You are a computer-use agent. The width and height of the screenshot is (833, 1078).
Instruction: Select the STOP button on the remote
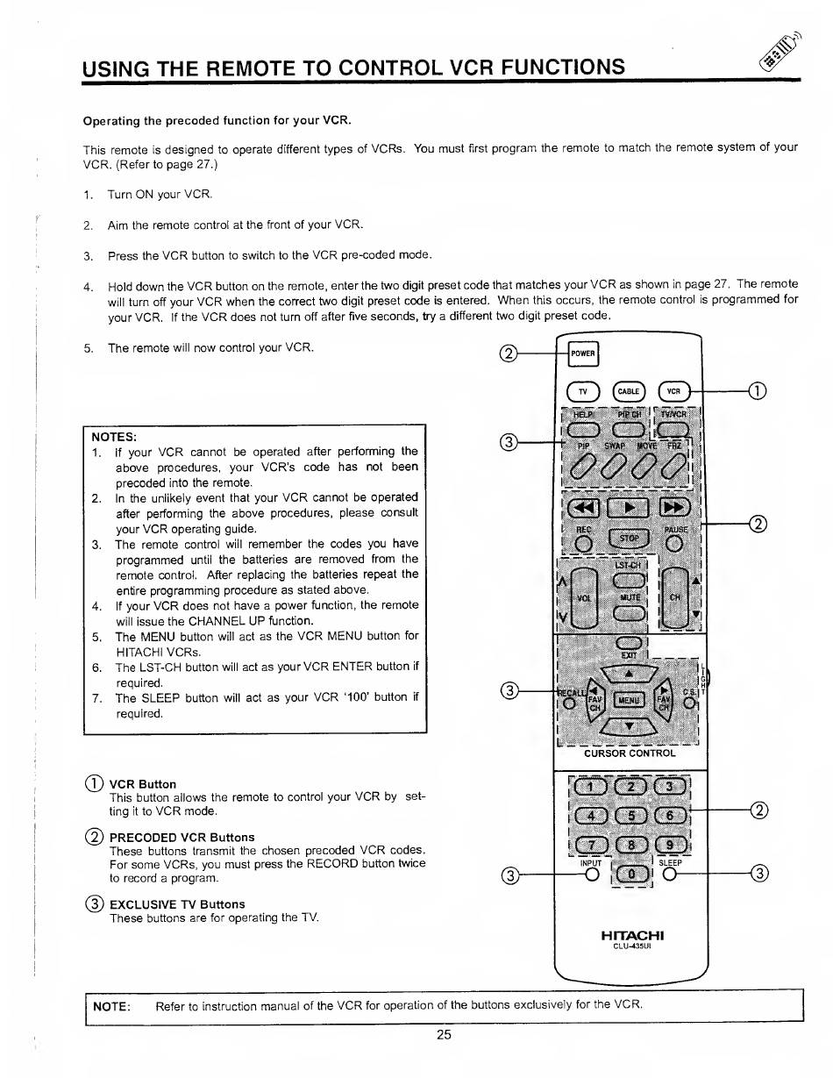[x=628, y=537]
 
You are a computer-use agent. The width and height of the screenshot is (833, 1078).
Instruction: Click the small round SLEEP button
[x=671, y=874]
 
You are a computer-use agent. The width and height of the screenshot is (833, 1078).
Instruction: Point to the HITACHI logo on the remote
[x=630, y=936]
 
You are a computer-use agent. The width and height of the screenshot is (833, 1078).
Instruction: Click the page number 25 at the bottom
[x=443, y=1034]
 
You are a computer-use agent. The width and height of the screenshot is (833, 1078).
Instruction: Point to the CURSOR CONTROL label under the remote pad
[x=630, y=753]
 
